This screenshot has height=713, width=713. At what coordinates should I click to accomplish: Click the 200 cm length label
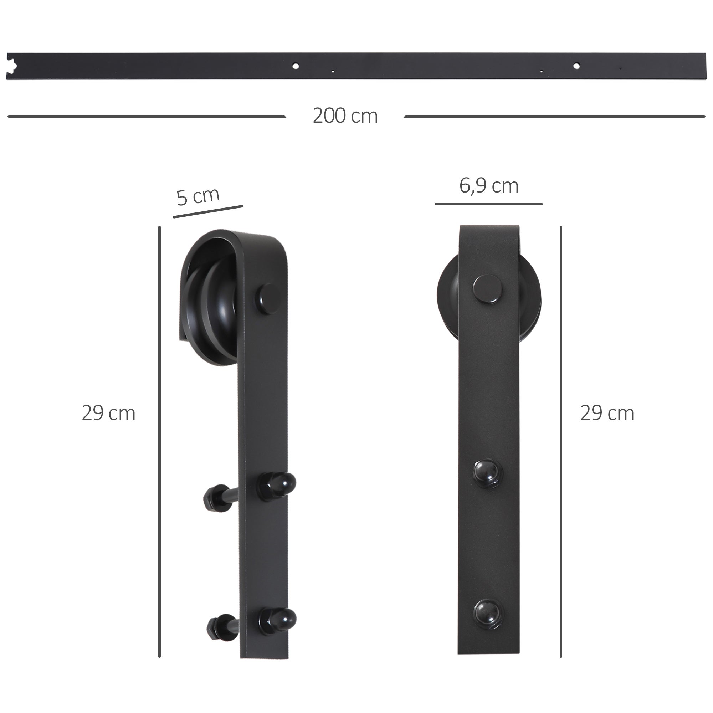345,116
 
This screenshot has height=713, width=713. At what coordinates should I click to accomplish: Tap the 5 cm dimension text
198,196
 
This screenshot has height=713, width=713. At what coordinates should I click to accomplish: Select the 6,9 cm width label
489,186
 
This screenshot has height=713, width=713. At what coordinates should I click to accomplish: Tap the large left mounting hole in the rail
296,66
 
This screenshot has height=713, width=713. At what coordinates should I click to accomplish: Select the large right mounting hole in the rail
576,66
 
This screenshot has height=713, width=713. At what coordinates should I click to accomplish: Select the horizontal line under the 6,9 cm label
488,204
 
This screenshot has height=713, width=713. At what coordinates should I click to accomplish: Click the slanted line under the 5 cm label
208,211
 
